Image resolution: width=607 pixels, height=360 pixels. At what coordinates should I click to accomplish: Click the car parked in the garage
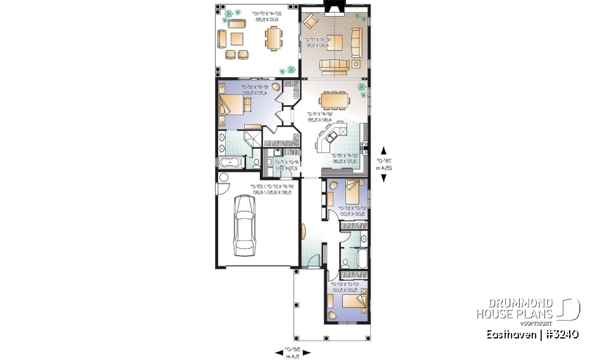[244, 225]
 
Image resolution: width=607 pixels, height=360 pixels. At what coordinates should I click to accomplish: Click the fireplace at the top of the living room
[331, 7]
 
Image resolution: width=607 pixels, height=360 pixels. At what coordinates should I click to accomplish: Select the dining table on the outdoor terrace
[273, 41]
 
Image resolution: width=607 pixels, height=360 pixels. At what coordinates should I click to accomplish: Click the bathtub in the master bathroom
[235, 163]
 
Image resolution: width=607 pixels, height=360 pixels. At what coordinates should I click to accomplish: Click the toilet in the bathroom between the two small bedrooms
[346, 261]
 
